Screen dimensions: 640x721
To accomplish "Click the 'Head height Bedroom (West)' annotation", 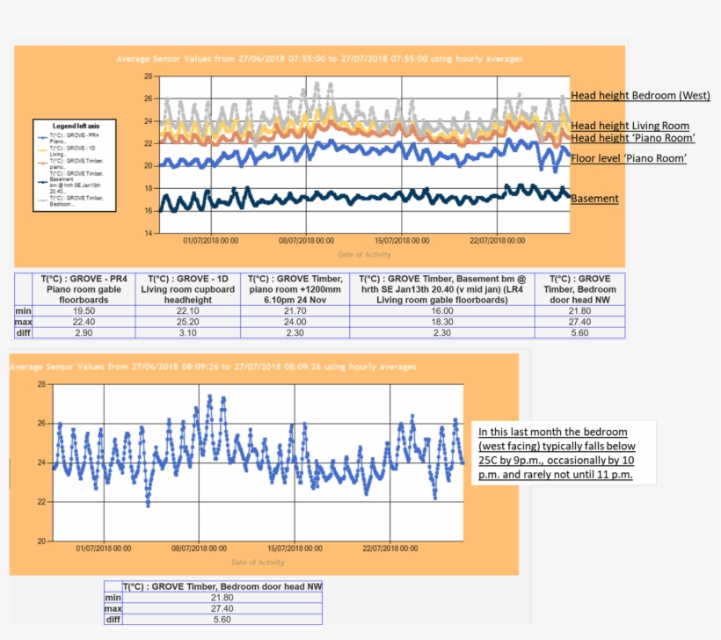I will [x=640, y=95].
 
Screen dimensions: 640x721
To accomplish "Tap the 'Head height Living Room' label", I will [x=630, y=126].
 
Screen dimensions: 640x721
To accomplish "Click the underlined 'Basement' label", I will [x=594, y=199].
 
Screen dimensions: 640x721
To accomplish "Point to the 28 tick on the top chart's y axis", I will [x=148, y=76].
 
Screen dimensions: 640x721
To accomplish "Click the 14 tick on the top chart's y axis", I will [x=148, y=232].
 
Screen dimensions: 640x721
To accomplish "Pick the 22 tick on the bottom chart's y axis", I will [x=41, y=502].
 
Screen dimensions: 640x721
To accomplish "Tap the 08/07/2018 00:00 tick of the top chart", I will [x=307, y=240].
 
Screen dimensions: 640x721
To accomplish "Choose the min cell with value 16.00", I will [x=441, y=311].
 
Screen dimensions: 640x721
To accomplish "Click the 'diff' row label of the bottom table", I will [x=112, y=619].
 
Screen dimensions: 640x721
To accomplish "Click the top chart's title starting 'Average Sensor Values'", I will [x=319, y=59].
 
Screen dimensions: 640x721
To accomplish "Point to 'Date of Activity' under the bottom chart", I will [x=258, y=562].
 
